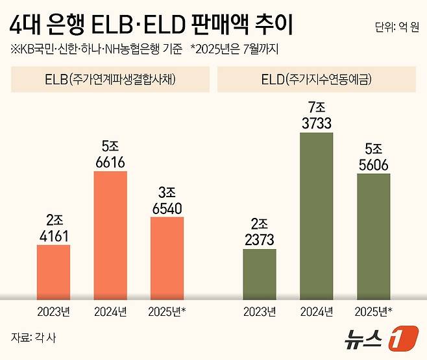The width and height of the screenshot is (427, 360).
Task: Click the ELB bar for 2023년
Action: pyautogui.click(x=53, y=272)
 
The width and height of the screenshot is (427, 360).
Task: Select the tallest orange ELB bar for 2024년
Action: pyautogui.click(x=110, y=235)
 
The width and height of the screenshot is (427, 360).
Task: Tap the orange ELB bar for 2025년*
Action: pyautogui.click(x=167, y=258)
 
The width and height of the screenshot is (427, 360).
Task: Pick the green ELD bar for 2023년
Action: pyautogui.click(x=260, y=274)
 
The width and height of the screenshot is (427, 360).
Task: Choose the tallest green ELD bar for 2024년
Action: pyautogui.click(x=317, y=215)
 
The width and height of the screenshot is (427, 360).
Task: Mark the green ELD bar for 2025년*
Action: pyautogui.click(x=374, y=236)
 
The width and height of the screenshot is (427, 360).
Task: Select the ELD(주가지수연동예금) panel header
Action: pyautogui.click(x=315, y=81)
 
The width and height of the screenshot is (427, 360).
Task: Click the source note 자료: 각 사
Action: pyautogui.click(x=32, y=337)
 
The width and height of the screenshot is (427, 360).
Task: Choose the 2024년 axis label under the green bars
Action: pyautogui.click(x=317, y=311)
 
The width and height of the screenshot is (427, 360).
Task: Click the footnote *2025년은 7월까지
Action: pyautogui.click(x=234, y=49)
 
